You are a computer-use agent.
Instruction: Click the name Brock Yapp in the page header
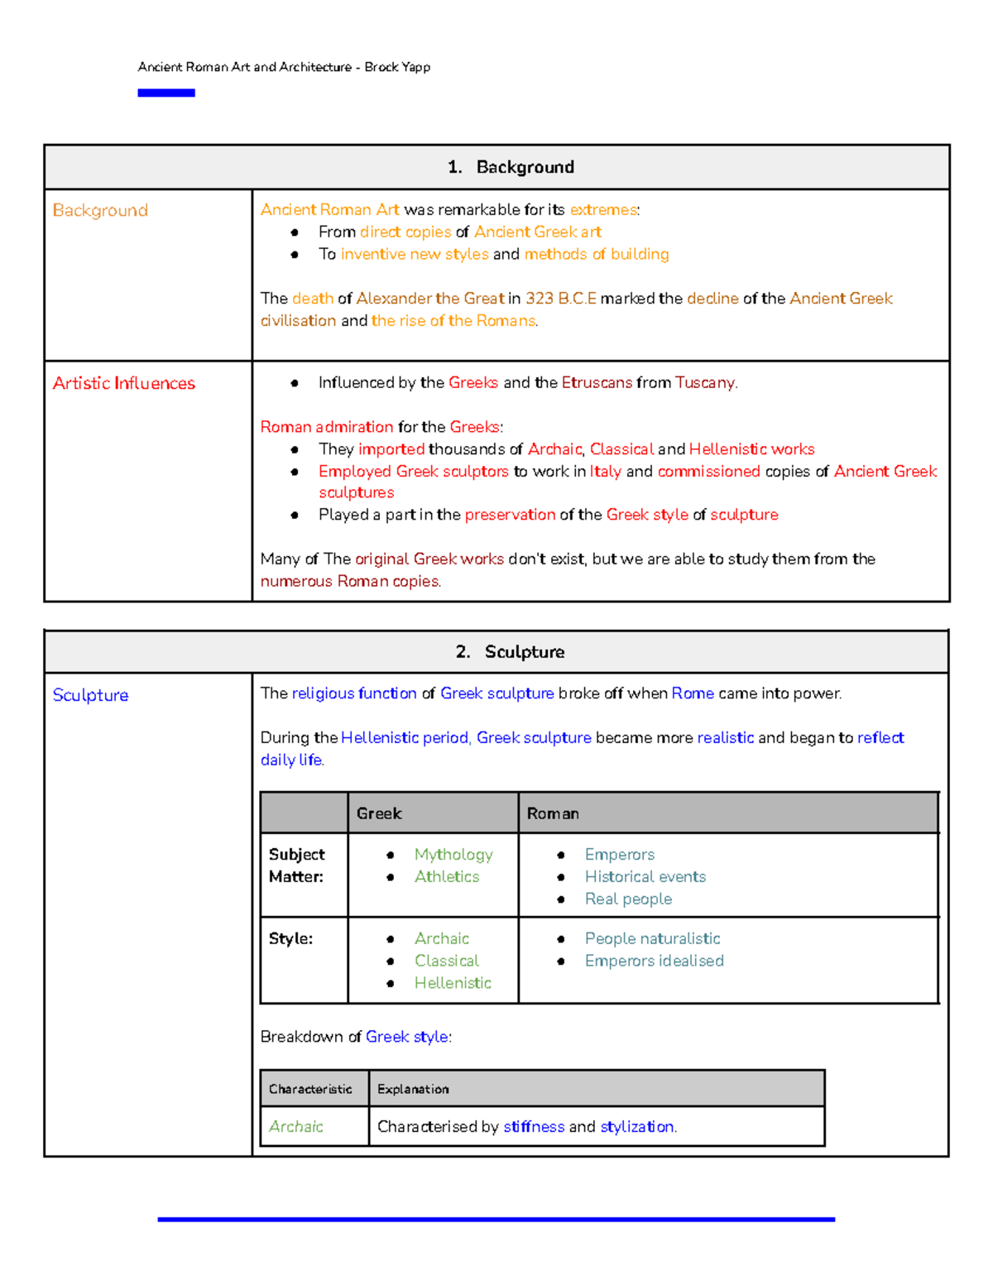[x=397, y=67]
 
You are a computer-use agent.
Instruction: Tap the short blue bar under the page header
[x=165, y=93]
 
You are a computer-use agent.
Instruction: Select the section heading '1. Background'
[x=511, y=167]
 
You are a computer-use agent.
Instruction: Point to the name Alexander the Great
[x=429, y=298]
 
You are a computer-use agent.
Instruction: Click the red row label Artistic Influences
[x=124, y=383]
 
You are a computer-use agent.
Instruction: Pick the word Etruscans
[x=597, y=382]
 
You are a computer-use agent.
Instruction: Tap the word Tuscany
[x=704, y=382]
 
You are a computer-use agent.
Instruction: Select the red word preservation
[x=510, y=515]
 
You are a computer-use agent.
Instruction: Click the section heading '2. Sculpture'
[x=510, y=652]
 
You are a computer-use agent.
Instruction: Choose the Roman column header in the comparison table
[x=553, y=813]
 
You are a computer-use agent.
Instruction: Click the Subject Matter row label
[x=296, y=865]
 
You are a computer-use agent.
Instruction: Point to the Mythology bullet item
[x=453, y=854]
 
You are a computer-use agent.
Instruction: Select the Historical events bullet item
[x=645, y=876]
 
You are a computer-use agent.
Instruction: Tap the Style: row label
[x=290, y=938]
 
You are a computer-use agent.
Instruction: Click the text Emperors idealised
[x=654, y=961]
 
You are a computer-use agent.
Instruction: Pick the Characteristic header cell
[x=310, y=1089]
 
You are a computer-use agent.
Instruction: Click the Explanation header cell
[x=413, y=1089]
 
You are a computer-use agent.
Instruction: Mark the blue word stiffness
[x=534, y=1126]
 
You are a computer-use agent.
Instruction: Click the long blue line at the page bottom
[x=496, y=1219]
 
